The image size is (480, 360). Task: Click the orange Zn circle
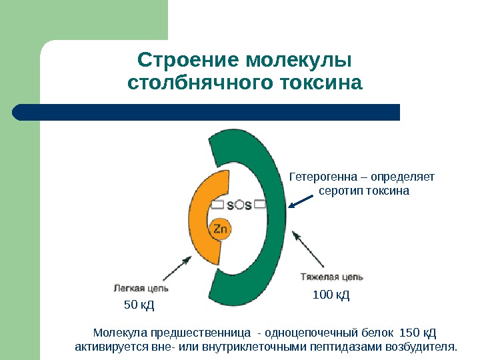click(221, 230)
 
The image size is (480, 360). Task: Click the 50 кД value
click(139, 306)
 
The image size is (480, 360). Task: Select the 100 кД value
click(331, 294)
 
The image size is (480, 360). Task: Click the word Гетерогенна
click(318, 177)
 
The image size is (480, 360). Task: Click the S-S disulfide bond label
click(239, 205)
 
